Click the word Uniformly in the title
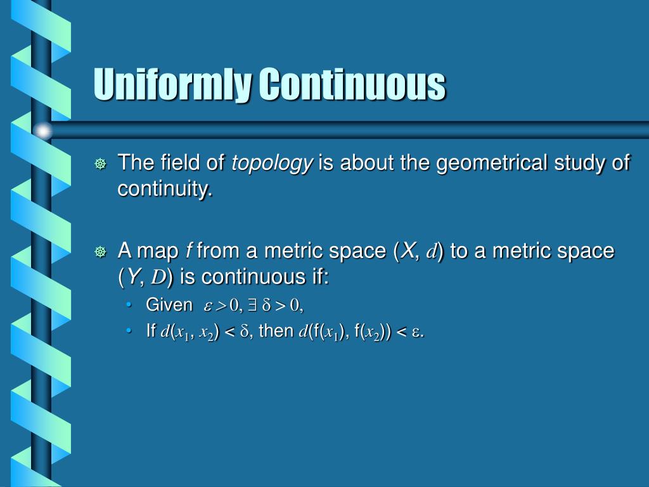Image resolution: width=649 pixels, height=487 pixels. tap(172, 84)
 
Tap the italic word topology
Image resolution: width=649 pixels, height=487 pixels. tap(272, 164)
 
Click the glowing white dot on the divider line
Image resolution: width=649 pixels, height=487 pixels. tap(42, 131)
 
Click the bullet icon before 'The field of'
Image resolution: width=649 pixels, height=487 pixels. tap(100, 164)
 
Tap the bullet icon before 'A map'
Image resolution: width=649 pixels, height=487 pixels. tap(100, 252)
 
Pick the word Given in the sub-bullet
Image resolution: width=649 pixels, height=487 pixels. tap(169, 305)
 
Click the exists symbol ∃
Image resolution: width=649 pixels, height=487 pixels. tap(252, 306)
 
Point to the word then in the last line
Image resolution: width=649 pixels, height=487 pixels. tap(276, 330)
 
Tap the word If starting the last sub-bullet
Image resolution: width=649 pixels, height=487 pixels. tap(151, 330)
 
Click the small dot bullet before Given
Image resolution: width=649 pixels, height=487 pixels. tap(129, 306)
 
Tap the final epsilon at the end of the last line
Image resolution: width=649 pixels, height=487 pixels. tap(416, 331)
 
